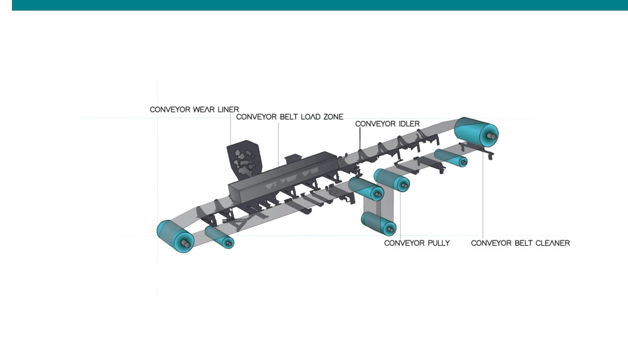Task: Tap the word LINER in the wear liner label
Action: tap(228, 109)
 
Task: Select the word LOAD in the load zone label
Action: tap(306, 117)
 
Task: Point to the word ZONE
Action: tap(331, 117)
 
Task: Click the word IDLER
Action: tap(407, 124)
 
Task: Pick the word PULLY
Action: tap(437, 243)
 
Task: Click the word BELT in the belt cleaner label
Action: tap(518, 243)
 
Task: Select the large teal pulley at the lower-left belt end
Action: tap(174, 236)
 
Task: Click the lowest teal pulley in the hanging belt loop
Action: tap(379, 224)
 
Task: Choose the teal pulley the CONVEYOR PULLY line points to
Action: tap(392, 181)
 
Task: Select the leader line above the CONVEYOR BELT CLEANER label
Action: tap(483, 199)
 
